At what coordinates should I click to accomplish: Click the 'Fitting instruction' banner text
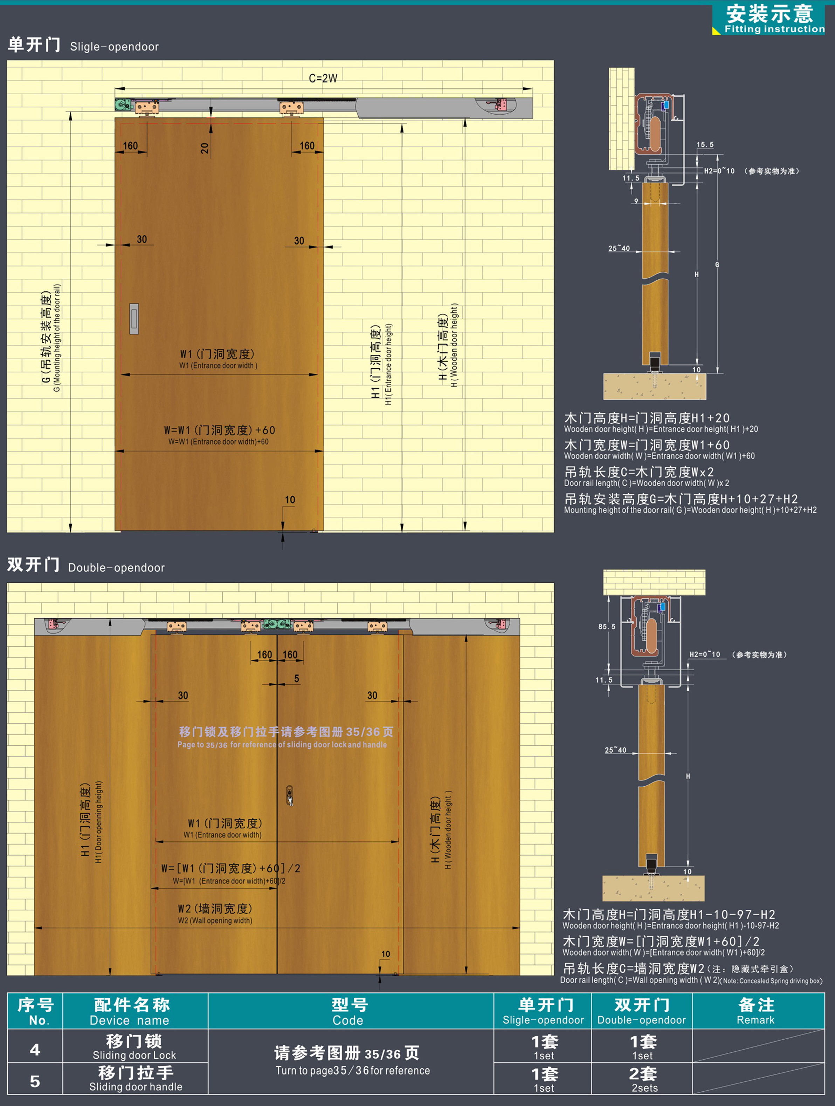click(x=774, y=29)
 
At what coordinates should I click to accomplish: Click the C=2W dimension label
click(x=323, y=79)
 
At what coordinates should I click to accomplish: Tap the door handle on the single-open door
click(x=134, y=319)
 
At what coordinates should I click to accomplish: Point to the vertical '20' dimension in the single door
click(x=205, y=148)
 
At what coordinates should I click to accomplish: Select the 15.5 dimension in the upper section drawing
click(x=705, y=144)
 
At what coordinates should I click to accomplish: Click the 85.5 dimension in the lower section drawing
click(x=607, y=626)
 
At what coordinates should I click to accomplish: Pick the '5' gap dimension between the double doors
click(x=296, y=679)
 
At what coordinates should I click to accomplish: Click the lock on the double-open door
click(x=290, y=795)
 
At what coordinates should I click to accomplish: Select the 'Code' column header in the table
click(x=348, y=1020)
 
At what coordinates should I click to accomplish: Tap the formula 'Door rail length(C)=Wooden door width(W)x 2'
click(x=647, y=483)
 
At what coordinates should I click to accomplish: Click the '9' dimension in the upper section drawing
click(x=636, y=201)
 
